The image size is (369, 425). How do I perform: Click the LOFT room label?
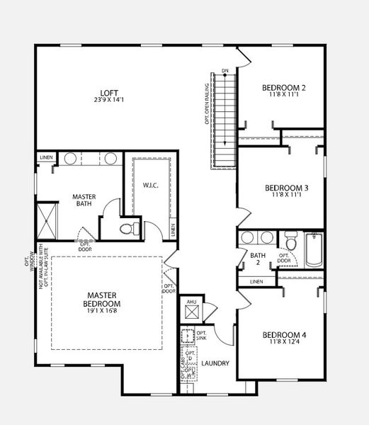tap(108, 92)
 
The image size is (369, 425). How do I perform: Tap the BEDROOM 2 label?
tap(283, 88)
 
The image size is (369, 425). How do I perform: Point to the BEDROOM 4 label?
tap(283, 335)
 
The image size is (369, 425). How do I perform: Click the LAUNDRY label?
tap(215, 363)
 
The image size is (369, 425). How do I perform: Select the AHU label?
tap(191, 302)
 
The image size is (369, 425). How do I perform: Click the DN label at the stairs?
tap(225, 71)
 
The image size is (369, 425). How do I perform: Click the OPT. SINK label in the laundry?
tap(201, 336)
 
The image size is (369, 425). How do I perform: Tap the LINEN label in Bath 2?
tap(257, 282)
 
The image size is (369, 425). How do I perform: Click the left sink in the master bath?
tap(70, 158)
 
